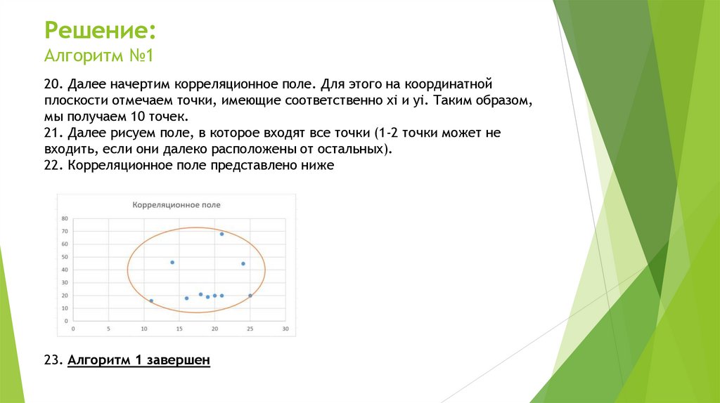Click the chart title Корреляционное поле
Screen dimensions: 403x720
point(176,204)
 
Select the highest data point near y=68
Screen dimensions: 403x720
point(221,234)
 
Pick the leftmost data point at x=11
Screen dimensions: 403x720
point(151,300)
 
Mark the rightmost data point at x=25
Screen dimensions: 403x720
point(250,296)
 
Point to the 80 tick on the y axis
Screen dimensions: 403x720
point(65,218)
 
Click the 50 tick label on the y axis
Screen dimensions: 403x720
point(65,257)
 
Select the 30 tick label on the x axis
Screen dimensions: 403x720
point(285,328)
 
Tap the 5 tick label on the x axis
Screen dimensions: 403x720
point(109,328)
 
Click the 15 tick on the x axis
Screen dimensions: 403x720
point(179,328)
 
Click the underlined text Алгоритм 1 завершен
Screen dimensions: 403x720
point(139,360)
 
